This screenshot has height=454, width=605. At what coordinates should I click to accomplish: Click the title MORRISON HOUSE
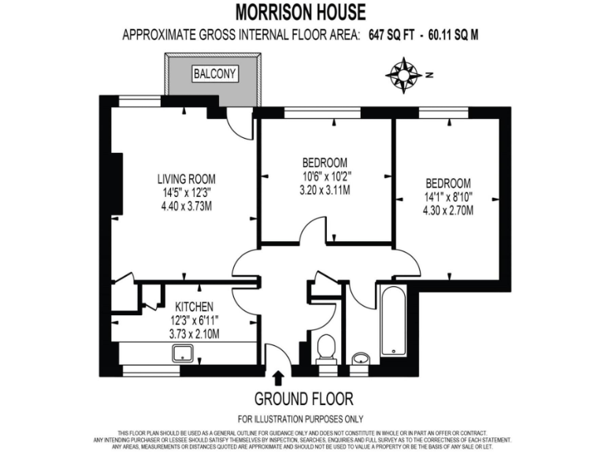(x=300, y=12)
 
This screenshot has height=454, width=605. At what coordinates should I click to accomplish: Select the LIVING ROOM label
(x=186, y=179)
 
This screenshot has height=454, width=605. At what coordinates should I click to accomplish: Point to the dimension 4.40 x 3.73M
(x=186, y=207)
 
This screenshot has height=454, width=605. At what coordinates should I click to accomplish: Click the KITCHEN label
(x=193, y=307)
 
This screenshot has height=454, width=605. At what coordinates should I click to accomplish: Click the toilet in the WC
(x=325, y=350)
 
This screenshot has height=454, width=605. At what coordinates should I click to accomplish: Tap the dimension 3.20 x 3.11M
(x=325, y=190)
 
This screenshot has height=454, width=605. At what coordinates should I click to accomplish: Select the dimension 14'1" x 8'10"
(x=447, y=195)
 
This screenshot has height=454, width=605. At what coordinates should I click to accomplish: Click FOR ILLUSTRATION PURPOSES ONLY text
(x=302, y=419)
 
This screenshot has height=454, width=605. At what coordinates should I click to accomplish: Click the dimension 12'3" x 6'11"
(x=193, y=320)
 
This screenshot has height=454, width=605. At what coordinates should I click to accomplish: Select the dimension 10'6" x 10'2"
(x=325, y=177)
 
